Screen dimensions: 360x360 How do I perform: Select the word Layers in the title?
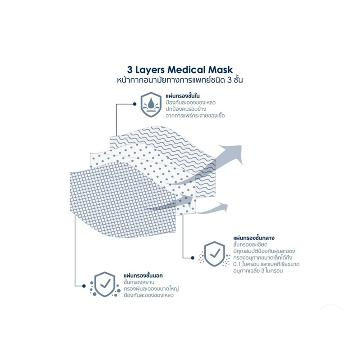[150, 70]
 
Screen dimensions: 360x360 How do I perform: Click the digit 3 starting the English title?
[130, 70]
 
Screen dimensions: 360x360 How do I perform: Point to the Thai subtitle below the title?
[180, 81]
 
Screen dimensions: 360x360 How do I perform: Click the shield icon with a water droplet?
[151, 104]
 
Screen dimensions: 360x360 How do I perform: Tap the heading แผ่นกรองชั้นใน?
[183, 95]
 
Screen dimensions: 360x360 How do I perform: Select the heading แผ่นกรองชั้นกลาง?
[254, 238]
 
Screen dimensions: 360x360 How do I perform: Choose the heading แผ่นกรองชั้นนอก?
[143, 275]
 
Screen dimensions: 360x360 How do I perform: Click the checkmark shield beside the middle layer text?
[215, 254]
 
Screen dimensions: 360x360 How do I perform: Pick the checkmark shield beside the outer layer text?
[105, 284]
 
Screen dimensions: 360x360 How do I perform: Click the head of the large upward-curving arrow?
[232, 154]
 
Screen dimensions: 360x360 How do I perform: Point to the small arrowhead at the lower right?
[223, 207]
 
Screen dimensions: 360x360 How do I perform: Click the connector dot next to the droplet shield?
[135, 104]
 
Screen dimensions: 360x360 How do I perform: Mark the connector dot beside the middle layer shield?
[193, 258]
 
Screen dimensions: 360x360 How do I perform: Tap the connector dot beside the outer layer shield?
[84, 286]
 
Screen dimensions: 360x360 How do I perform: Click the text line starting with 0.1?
[266, 264]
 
